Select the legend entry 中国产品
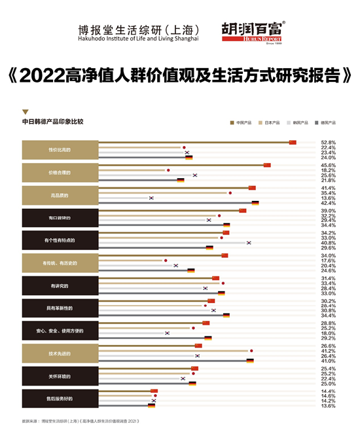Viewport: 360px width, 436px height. pyautogui.click(x=243, y=122)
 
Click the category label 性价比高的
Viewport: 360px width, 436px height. pyautogui.click(x=60, y=150)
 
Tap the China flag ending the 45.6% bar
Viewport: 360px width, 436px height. pyautogui.click(x=267, y=165)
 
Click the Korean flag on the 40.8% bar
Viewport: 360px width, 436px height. pyautogui.click(x=249, y=243)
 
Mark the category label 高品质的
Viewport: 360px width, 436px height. pyautogui.click(x=60, y=195)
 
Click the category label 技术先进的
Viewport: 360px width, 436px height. pyautogui.click(x=60, y=354)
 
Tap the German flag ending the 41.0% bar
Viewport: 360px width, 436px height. pyautogui.click(x=250, y=361)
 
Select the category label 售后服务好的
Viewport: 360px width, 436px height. pyautogui.click(x=60, y=399)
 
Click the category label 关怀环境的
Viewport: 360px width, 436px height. pyautogui.click(x=60, y=376)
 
